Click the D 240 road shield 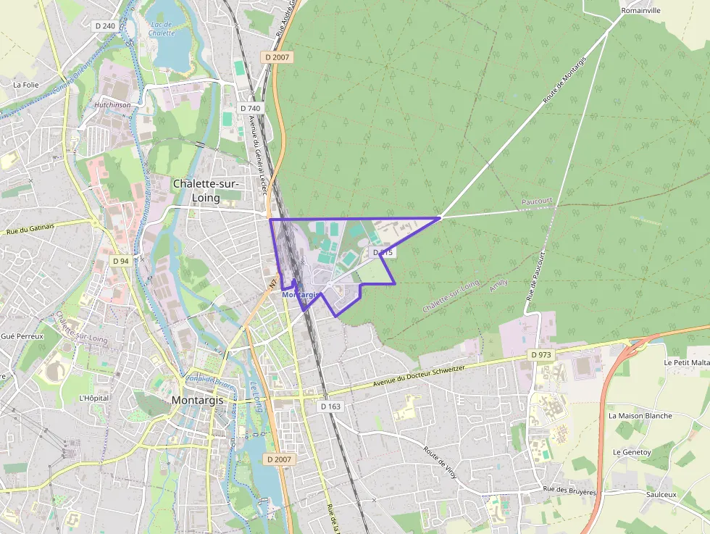(x=105, y=26)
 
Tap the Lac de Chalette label (x=161, y=28)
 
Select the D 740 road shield (x=248, y=108)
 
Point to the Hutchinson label (x=112, y=104)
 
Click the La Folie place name (x=25, y=85)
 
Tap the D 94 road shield (x=120, y=260)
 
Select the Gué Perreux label (x=22, y=336)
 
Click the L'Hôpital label (x=93, y=398)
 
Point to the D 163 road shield (x=330, y=406)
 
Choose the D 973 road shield (x=540, y=354)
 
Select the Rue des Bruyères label (x=569, y=491)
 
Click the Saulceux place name (x=660, y=494)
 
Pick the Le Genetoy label (x=633, y=451)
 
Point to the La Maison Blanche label (x=640, y=416)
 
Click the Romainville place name (x=640, y=11)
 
